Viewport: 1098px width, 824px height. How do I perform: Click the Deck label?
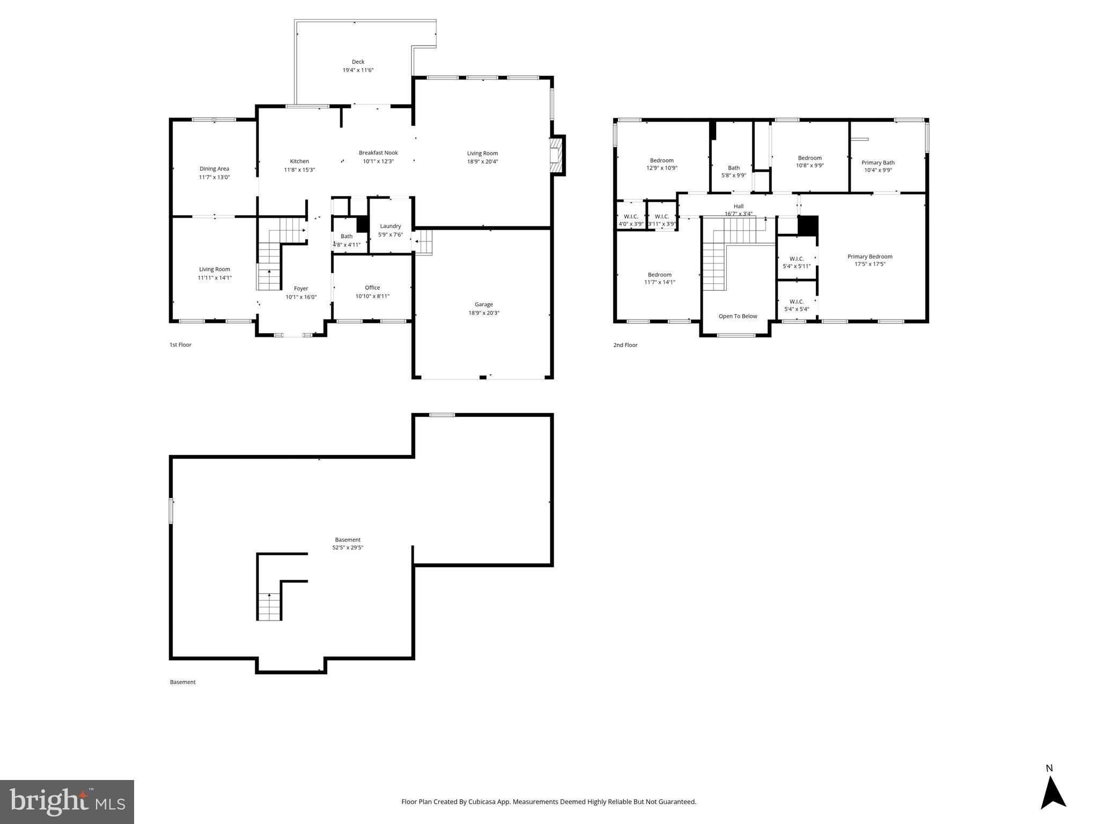(x=358, y=62)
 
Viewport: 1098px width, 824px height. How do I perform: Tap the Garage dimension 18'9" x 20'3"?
(x=483, y=313)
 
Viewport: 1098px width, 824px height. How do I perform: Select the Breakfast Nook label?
(x=378, y=153)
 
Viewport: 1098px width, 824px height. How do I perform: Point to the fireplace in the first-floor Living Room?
(x=557, y=155)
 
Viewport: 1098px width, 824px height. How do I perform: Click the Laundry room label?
(x=390, y=226)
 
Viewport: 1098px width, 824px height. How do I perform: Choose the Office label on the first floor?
(x=372, y=288)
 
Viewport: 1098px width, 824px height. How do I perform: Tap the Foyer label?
(x=301, y=289)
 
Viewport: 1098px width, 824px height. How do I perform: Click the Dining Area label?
(x=214, y=168)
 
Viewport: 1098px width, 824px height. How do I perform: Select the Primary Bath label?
(x=878, y=163)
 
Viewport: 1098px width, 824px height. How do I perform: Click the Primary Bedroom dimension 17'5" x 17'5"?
(x=869, y=264)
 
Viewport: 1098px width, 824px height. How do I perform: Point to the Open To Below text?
(x=738, y=316)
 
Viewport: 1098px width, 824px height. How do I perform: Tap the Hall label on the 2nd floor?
(x=738, y=206)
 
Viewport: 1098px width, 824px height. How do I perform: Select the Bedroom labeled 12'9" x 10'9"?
(x=661, y=160)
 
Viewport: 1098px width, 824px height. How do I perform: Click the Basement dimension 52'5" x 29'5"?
(x=348, y=548)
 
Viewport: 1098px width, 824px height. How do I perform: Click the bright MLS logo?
(x=67, y=801)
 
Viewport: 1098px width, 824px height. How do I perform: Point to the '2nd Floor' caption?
(x=625, y=345)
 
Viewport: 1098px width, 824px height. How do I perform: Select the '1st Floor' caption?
(x=180, y=345)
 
